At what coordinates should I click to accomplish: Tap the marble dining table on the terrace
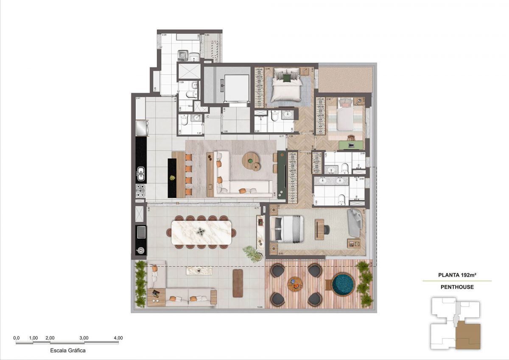coord(202,232)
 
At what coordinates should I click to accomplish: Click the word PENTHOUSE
coord(457,287)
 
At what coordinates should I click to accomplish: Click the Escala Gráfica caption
coord(68,351)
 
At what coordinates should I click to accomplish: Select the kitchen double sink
coord(141,173)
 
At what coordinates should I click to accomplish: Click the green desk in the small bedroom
coord(352,145)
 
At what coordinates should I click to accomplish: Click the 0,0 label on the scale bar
coord(17,338)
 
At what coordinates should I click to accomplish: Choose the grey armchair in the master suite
coord(354,223)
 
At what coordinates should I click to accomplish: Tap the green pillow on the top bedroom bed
coord(287,78)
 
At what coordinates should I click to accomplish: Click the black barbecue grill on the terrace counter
coord(141,233)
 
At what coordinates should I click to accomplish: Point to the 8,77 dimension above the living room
coord(281,137)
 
